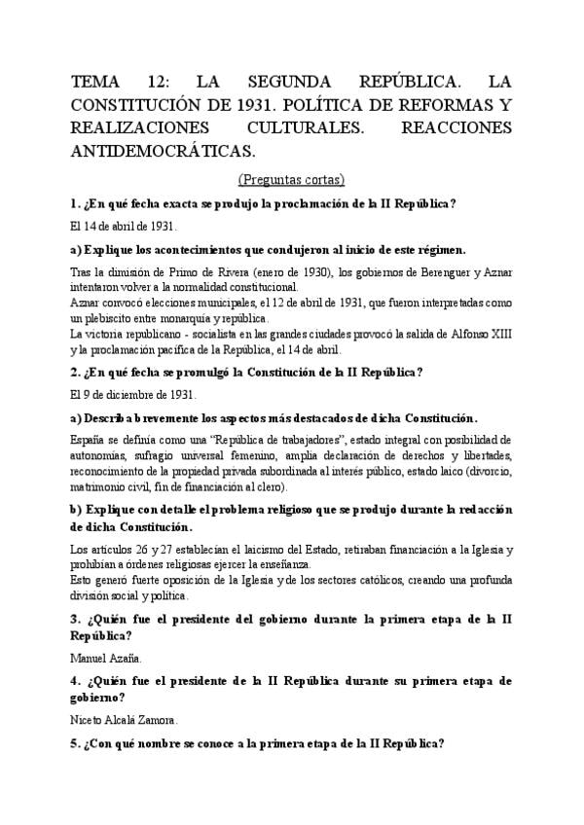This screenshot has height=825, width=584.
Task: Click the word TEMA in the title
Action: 95,81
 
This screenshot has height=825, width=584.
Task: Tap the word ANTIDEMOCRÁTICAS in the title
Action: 163,151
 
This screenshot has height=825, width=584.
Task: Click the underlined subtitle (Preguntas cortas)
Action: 290,179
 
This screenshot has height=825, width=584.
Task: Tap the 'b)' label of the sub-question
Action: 77,510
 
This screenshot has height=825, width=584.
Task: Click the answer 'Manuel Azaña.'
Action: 106,658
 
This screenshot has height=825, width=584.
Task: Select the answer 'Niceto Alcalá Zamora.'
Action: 125,720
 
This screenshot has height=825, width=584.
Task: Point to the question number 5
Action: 76,743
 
